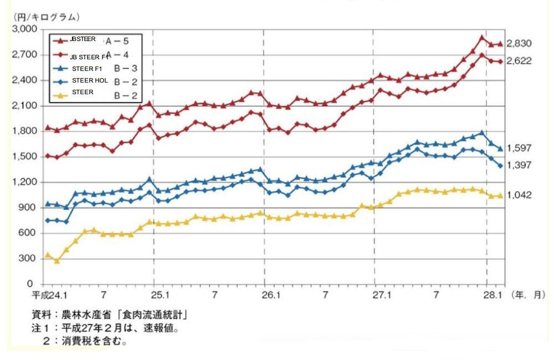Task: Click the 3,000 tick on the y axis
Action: [24, 29]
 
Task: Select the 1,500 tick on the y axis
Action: [24, 157]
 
